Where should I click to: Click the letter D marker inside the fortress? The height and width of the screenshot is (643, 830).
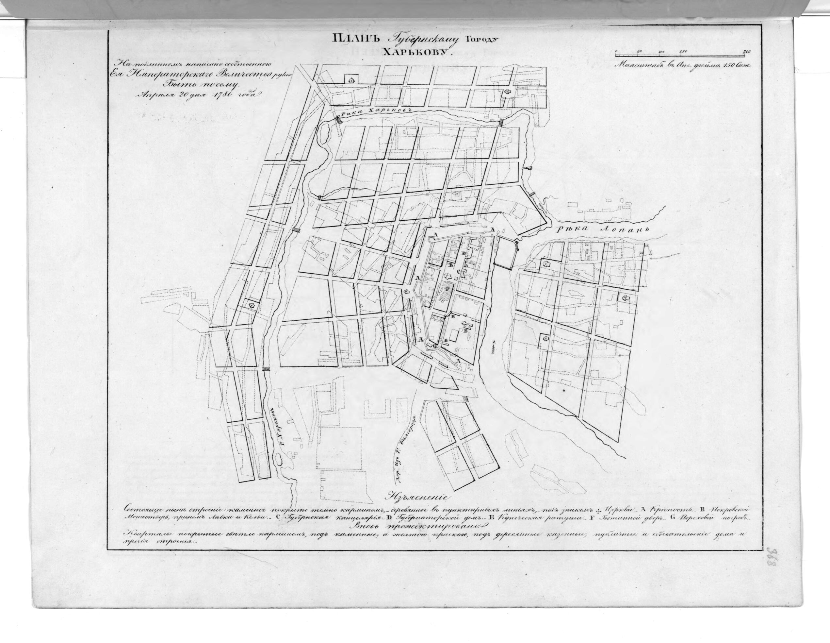tap(463, 254)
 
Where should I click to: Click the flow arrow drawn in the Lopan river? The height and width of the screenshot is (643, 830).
tap(493, 347)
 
